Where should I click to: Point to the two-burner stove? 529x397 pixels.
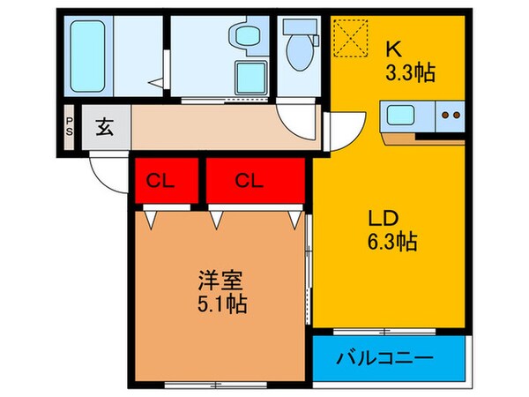[451, 116]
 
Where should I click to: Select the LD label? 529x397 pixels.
[382, 217]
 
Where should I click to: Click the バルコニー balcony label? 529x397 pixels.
[385, 359]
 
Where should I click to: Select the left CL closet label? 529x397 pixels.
[159, 182]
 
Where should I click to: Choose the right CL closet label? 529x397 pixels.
[250, 182]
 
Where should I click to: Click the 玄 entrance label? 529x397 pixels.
[104, 129]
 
